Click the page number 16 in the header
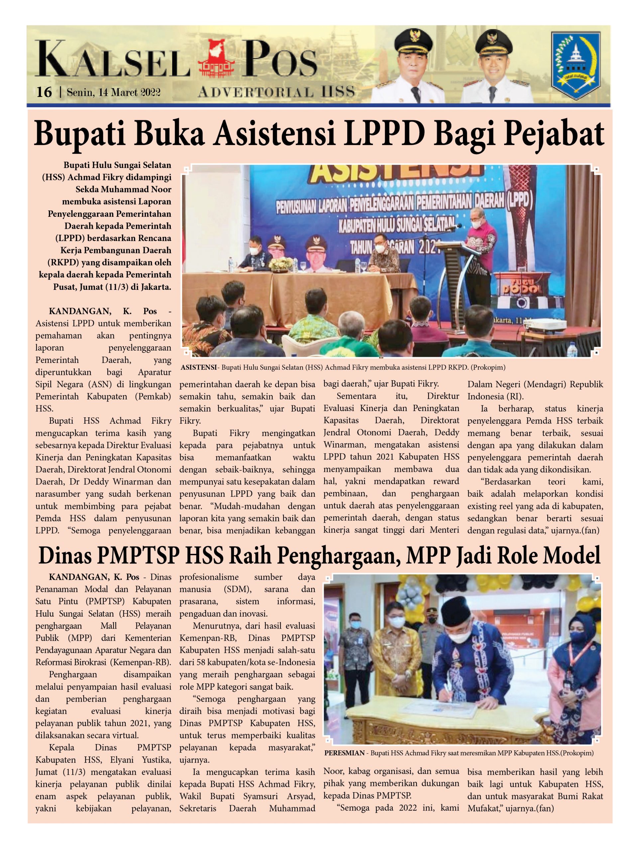[x=44, y=92]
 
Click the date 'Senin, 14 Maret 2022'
[x=113, y=92]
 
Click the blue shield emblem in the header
[x=575, y=64]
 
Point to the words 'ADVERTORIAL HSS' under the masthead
[x=276, y=92]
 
